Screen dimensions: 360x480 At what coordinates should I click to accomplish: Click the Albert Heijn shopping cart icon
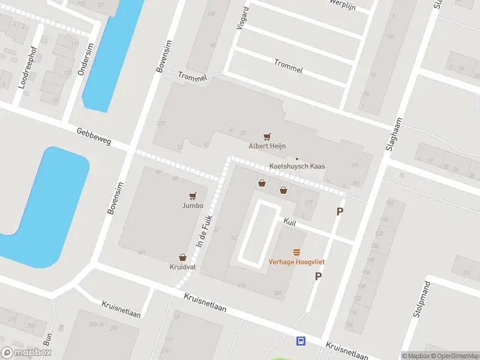pyautogui.click(x=267, y=137)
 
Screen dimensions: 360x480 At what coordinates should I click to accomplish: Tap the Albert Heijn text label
pyautogui.click(x=267, y=146)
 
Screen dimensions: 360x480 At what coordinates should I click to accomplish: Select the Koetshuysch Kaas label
pyautogui.click(x=296, y=167)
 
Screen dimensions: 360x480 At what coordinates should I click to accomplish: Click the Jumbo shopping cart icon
pyautogui.click(x=193, y=196)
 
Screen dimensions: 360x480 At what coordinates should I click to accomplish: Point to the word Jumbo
pyautogui.click(x=193, y=205)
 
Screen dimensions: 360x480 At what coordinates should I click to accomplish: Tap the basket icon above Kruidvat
pyautogui.click(x=182, y=257)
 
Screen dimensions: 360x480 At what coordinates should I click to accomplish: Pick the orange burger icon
pyautogui.click(x=296, y=253)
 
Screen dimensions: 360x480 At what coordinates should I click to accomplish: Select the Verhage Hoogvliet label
pyautogui.click(x=296, y=262)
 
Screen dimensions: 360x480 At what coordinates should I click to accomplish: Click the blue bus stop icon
pyautogui.click(x=301, y=341)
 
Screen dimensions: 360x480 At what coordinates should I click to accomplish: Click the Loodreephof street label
pyautogui.click(x=27, y=67)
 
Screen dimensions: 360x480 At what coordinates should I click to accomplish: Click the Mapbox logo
pyautogui.click(x=26, y=353)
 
